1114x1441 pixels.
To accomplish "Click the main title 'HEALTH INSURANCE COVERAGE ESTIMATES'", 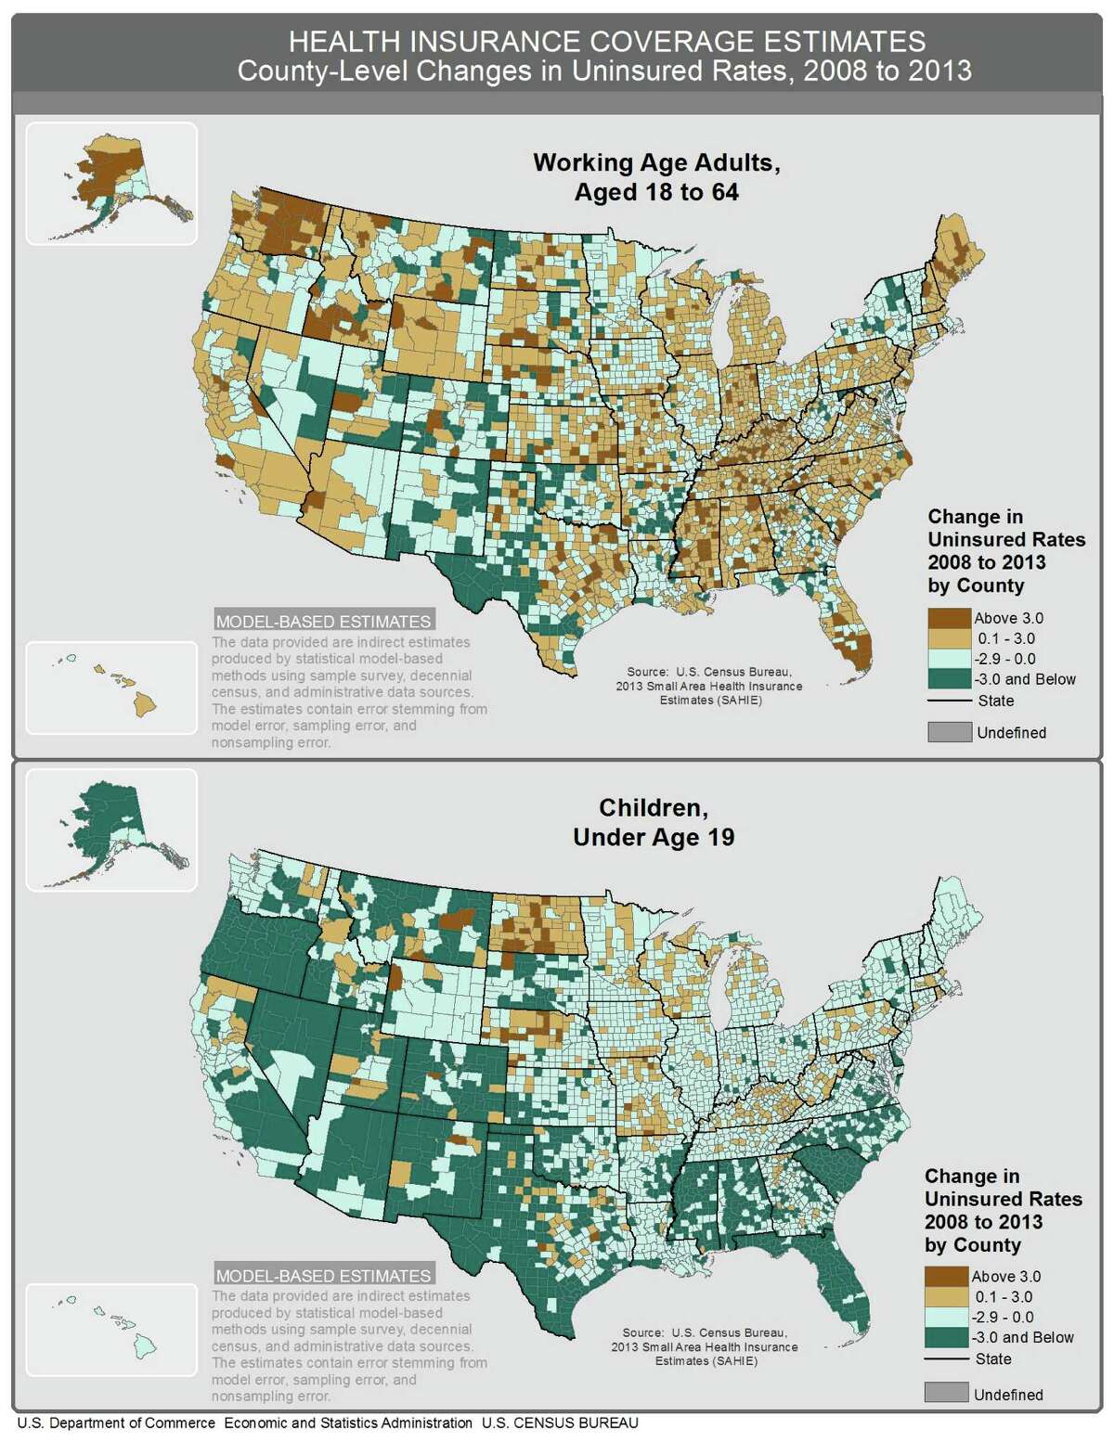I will (606, 42).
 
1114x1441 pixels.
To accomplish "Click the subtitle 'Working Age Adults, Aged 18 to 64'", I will (655, 177).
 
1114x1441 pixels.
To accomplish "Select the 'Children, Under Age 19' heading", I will (654, 822).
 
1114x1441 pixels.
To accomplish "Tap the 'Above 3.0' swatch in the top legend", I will (948, 618).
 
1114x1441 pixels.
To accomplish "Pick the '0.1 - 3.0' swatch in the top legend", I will (948, 638).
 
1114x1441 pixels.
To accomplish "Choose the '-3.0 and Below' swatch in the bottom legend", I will (946, 1337).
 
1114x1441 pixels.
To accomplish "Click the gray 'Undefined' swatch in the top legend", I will (948, 732).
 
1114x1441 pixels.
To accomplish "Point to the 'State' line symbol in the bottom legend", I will (946, 1359).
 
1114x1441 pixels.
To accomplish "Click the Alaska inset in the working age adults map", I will (111, 184).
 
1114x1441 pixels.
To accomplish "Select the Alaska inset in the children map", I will (111, 829).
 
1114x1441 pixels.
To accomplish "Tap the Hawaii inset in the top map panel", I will (111, 687).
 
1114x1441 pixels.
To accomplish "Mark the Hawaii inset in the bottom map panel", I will (111, 1329).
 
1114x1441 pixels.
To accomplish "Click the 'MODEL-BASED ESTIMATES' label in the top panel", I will (323, 622).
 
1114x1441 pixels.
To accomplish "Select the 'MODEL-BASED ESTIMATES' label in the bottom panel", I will (323, 1276).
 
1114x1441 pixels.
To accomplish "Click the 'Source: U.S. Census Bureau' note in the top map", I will (709, 686).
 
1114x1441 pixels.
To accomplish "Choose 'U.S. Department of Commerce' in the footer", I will (116, 1423).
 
